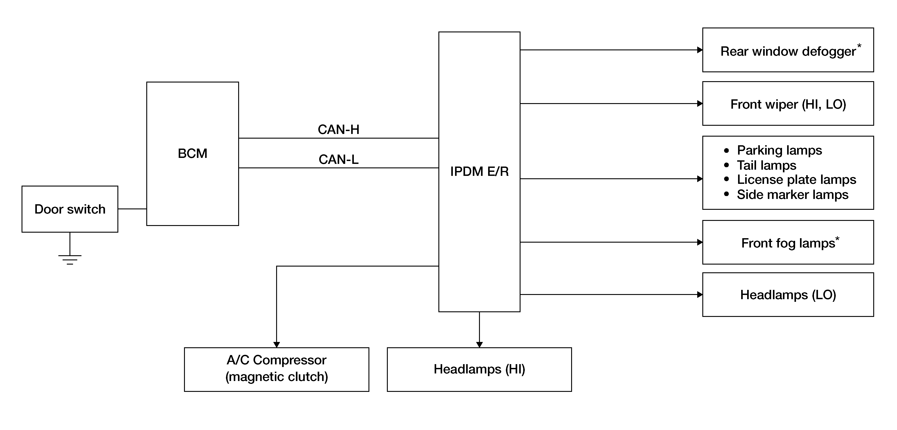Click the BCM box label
tap(192, 153)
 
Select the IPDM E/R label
tap(479, 171)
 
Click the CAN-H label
tap(339, 130)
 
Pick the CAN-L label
tap(339, 159)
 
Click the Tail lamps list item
tap(766, 165)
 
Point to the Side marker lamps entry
tap(792, 194)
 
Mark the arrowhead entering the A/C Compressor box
tap(277, 344)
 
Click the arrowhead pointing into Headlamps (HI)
tap(479, 344)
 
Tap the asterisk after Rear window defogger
tap(859, 46)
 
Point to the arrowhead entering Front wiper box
tap(700, 104)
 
